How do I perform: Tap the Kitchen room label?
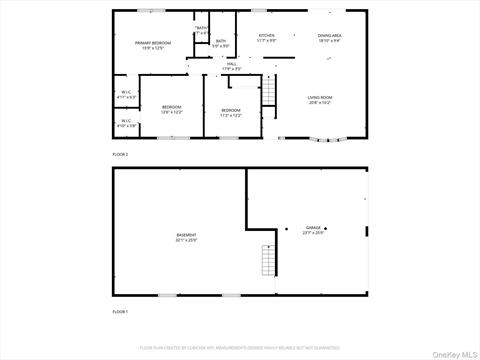pyautogui.click(x=266, y=37)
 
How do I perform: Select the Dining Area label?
pyautogui.click(x=330, y=37)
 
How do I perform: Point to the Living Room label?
pyautogui.click(x=320, y=99)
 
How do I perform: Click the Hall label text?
pyautogui.click(x=231, y=66)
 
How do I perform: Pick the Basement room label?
pyautogui.click(x=187, y=237)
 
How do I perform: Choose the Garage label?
pyautogui.click(x=313, y=227)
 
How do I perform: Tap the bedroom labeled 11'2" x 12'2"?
pyautogui.click(x=231, y=112)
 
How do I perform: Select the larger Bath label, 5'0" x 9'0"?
pyautogui.click(x=220, y=44)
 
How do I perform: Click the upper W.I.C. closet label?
pyautogui.click(x=126, y=95)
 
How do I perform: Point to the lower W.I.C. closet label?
pyautogui.click(x=126, y=124)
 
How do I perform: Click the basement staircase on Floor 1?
pyautogui.click(x=267, y=262)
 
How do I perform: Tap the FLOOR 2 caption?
pyautogui.click(x=120, y=155)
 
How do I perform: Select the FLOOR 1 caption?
pyautogui.click(x=120, y=313)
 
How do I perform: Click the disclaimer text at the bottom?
pyautogui.click(x=240, y=346)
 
